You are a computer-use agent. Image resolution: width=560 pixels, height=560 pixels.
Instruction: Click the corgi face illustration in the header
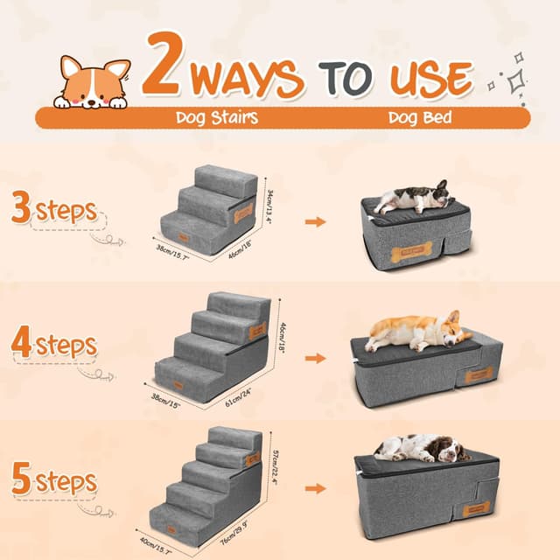point(91,83)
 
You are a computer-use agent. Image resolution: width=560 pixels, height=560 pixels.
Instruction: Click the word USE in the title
point(427,78)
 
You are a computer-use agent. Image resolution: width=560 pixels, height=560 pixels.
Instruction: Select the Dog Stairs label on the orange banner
point(216,117)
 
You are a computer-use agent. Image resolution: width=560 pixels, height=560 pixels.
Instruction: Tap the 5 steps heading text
point(53,480)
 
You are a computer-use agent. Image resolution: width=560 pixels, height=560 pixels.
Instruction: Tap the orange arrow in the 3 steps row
point(315,222)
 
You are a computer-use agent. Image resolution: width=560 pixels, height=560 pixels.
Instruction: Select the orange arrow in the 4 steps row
point(315,359)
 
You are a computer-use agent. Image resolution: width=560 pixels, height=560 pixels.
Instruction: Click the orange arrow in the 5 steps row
point(315,489)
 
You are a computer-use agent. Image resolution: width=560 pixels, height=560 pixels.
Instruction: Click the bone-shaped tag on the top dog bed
point(409,255)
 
